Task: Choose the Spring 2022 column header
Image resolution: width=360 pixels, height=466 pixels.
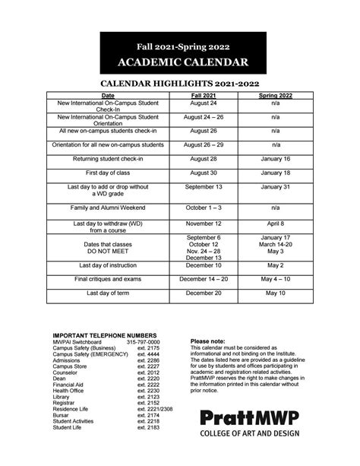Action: tap(276, 96)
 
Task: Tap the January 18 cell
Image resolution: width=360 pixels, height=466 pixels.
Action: tap(276, 173)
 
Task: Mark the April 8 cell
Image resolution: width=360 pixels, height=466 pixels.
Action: tap(276, 224)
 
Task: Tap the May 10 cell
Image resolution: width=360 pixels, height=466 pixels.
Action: tap(276, 293)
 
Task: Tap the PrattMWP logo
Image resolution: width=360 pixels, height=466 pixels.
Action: tap(248, 439)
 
